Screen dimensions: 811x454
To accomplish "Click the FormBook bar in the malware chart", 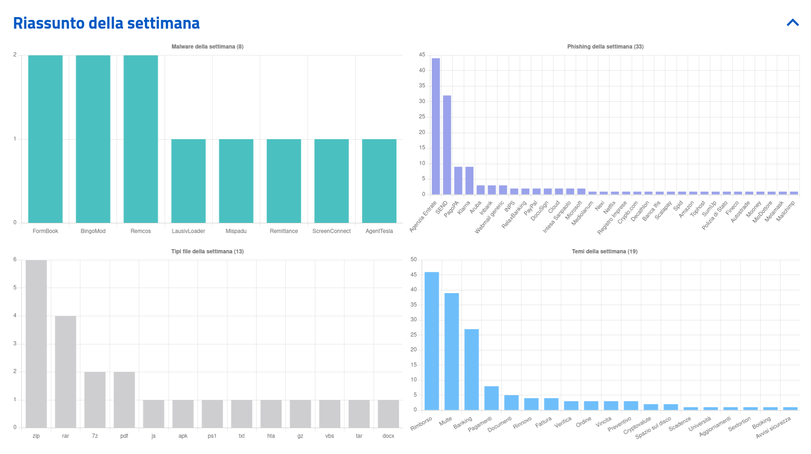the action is (x=45, y=139).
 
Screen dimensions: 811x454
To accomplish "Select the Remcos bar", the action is (x=141, y=139).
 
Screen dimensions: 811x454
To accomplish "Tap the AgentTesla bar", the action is (x=379, y=181).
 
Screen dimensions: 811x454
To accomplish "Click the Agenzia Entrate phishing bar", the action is (x=436, y=126).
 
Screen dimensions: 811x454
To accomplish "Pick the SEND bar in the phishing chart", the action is (x=447, y=145).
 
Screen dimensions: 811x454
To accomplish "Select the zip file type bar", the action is (x=36, y=344).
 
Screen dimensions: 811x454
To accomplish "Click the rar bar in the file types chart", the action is (x=66, y=372).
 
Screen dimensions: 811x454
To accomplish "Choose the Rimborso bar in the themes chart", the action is (x=432, y=341).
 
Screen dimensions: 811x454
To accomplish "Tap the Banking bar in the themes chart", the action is (x=472, y=369).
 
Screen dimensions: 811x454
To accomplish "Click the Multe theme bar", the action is (x=452, y=351).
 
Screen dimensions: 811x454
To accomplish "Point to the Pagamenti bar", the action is (x=491, y=398).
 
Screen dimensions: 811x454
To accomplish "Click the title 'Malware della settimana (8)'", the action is (x=207, y=47).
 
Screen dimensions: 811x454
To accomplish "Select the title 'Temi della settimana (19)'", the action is (x=605, y=252).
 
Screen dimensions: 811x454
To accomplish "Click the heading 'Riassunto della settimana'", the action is (x=106, y=23).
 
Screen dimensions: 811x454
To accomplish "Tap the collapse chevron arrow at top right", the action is (x=793, y=23).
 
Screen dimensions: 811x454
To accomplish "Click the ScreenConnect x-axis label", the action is (x=332, y=231).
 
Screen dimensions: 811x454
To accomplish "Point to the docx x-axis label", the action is (x=388, y=436).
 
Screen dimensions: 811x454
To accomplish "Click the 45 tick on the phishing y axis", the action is (x=422, y=55).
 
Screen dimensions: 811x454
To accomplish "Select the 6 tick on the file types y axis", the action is (x=15, y=259).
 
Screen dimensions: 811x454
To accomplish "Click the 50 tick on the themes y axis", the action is (x=414, y=259).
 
